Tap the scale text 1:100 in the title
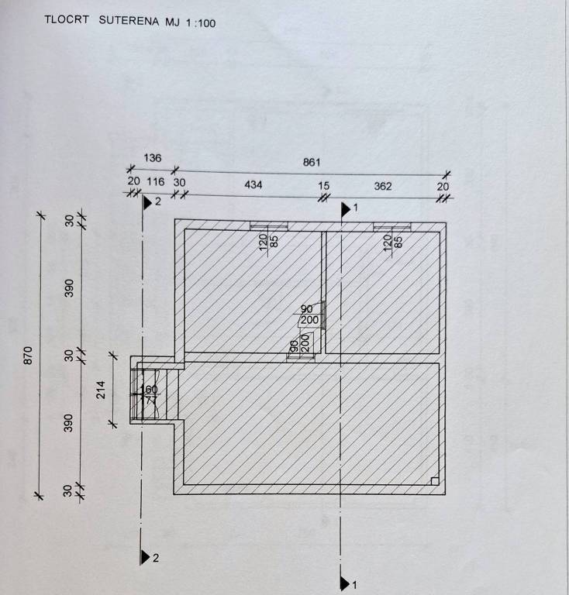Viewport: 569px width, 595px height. pyautogui.click(x=201, y=23)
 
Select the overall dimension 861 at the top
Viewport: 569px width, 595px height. pyautogui.click(x=312, y=162)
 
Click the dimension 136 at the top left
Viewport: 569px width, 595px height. pyautogui.click(x=153, y=158)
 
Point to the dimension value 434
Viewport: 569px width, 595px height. pyautogui.click(x=253, y=185)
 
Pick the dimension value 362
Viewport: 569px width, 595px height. pyautogui.click(x=383, y=186)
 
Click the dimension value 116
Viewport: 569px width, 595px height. pyautogui.click(x=156, y=181)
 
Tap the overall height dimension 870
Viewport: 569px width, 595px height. pyautogui.click(x=29, y=355)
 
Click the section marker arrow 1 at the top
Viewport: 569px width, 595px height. pyautogui.click(x=347, y=208)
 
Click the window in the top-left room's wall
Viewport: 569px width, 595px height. pyautogui.click(x=268, y=226)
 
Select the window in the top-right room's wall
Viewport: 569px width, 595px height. pyautogui.click(x=391, y=226)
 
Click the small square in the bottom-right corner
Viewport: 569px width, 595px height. pyautogui.click(x=434, y=480)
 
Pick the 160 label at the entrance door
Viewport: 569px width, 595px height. pyautogui.click(x=150, y=389)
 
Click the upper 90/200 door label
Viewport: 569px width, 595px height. pyautogui.click(x=309, y=314)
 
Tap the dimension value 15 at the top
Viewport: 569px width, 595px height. pyautogui.click(x=323, y=186)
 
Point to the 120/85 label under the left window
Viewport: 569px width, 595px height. pyautogui.click(x=268, y=241)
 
